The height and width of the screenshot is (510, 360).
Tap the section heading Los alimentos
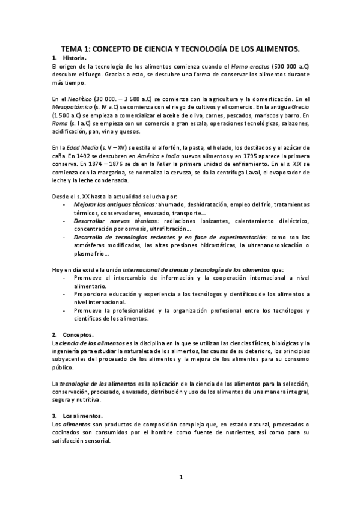(82, 416)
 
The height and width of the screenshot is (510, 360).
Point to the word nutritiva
(87, 400)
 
